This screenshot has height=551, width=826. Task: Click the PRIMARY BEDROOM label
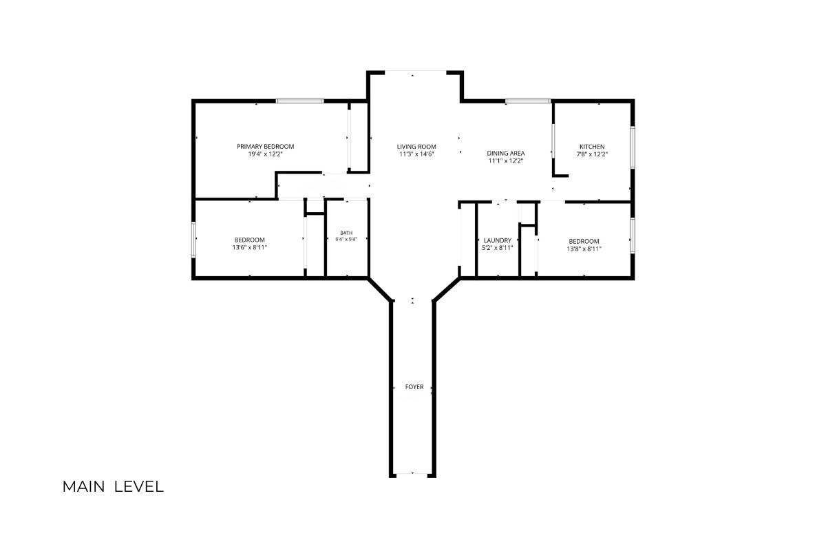coord(265,146)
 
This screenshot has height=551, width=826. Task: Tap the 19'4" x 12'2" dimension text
coord(265,154)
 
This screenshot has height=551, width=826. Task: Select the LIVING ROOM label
coord(416,147)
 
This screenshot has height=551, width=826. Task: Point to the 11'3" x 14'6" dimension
coord(416,154)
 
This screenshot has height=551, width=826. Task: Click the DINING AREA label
coord(505,153)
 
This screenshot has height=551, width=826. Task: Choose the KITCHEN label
coord(592,147)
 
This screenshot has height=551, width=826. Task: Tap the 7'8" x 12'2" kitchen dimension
coord(592,154)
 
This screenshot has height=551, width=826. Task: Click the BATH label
coord(346,233)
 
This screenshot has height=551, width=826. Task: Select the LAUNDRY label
coord(498,240)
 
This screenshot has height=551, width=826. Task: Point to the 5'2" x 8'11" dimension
coord(498,248)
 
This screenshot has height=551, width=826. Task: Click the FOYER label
coord(414,387)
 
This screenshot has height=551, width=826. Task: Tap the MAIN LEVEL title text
coord(113,487)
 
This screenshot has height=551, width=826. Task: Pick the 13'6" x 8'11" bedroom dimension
coord(250,247)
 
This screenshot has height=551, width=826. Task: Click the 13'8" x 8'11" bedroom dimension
coord(584,249)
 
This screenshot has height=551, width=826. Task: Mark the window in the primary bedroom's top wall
coord(300,101)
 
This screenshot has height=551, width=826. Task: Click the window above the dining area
coord(528,101)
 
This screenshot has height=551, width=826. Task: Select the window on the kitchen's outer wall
coord(632,147)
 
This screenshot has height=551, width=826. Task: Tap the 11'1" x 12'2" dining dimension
coord(506,161)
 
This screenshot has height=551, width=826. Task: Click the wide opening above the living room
coord(416,71)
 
